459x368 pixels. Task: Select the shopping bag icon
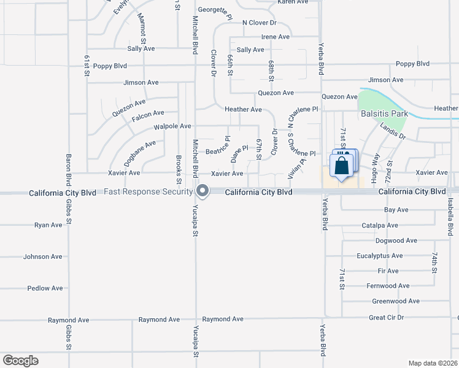coord(341,166)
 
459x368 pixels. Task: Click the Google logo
coord(20,361)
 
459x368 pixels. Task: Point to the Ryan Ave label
coord(48,225)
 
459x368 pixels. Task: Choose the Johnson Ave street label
coord(43,257)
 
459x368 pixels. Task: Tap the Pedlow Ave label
coord(45,288)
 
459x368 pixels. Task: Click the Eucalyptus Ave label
coord(380,256)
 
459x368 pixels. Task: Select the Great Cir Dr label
coord(387,318)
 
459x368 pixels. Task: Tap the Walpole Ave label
coord(172,126)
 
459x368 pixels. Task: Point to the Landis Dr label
coord(393,131)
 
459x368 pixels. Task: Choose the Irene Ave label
coord(275,37)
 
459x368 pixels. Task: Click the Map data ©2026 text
coord(433,363)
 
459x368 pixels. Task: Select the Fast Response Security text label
coord(148,192)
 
